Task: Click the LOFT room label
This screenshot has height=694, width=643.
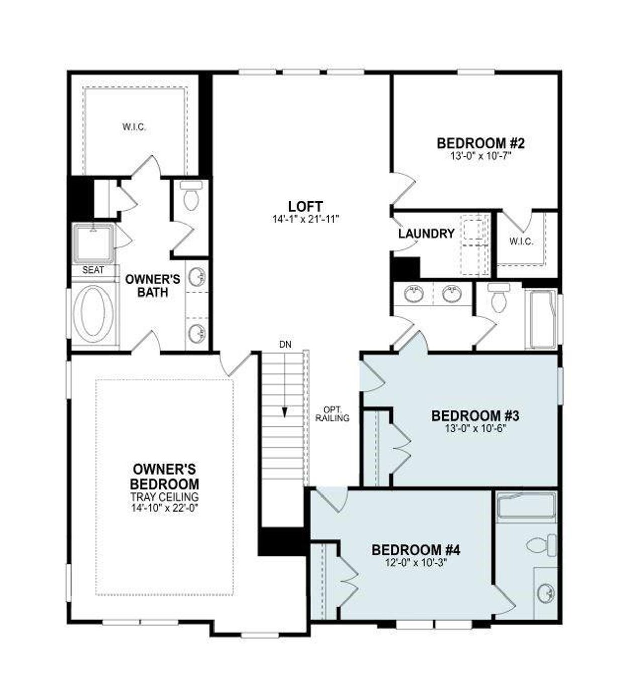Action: tap(305, 206)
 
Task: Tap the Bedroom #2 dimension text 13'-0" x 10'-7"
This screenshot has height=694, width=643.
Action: tap(481, 156)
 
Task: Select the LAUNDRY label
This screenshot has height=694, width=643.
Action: tap(426, 234)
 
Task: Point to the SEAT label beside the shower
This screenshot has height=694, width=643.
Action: tap(93, 270)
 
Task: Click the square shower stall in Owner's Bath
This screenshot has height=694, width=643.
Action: tap(93, 244)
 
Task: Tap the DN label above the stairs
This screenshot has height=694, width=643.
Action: tap(285, 345)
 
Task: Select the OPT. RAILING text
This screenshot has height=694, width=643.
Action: tap(333, 413)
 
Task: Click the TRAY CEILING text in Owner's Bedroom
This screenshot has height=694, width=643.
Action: tap(165, 497)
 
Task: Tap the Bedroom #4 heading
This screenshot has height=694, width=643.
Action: tap(415, 550)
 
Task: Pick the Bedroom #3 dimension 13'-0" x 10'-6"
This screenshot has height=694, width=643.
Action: tap(475, 429)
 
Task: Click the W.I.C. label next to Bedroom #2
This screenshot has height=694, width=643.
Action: tap(521, 242)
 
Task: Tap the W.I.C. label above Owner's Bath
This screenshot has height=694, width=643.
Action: tap(134, 127)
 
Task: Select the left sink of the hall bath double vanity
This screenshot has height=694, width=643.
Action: tap(414, 294)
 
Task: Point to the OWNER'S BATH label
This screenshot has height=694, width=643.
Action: tap(152, 285)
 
